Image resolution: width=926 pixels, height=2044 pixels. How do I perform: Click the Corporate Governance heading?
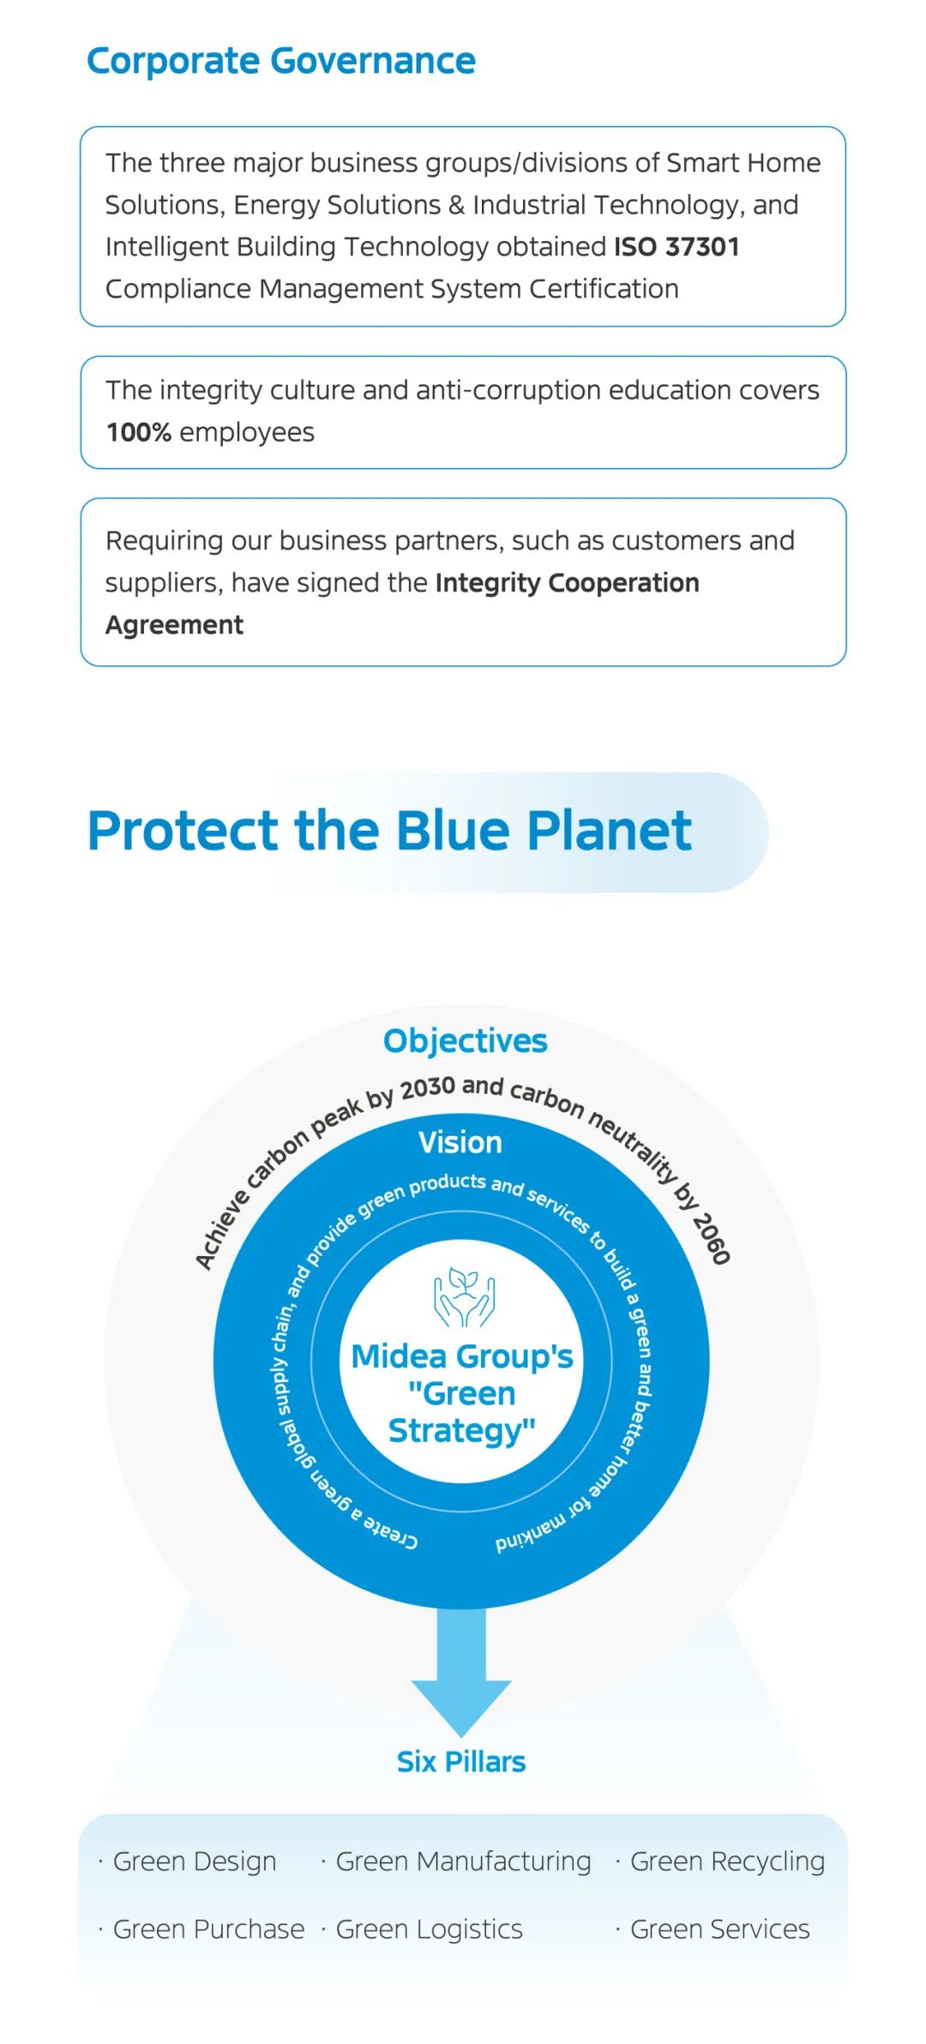point(281,62)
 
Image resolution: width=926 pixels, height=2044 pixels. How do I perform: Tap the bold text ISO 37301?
point(676,247)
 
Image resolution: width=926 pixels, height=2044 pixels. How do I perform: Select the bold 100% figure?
point(139,432)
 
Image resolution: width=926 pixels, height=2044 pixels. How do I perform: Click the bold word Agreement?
point(175,626)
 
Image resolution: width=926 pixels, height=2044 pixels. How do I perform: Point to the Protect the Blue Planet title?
point(390,831)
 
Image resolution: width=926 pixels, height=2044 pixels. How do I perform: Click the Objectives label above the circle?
point(466,1041)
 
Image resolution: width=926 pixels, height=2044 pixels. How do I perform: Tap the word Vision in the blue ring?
point(460,1142)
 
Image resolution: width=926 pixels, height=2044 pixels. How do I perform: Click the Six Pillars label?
point(461,1762)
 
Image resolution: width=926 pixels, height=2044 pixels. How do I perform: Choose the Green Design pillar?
point(195,1862)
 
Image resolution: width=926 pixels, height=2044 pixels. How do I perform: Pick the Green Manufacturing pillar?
point(463,1862)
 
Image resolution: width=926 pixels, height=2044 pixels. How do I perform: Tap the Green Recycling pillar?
point(727,1862)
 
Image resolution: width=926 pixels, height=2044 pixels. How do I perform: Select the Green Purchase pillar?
point(208,1929)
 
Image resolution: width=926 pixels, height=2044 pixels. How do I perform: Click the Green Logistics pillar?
point(429,1930)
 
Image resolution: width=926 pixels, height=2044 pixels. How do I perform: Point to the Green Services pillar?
point(720,1929)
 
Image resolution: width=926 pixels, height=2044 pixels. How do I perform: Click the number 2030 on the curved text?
point(428,1088)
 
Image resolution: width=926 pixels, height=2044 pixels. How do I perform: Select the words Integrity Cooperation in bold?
point(568,583)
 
